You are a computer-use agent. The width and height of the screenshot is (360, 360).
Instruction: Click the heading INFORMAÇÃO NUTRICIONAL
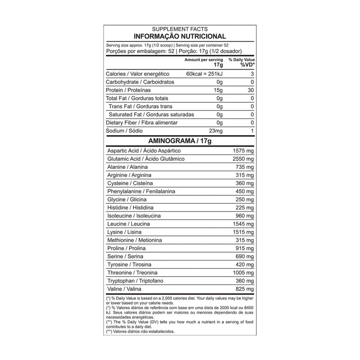point(180,36)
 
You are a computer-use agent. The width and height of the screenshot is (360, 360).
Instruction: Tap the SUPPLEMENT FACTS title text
point(180,29)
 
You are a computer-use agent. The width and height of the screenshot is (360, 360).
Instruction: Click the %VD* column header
point(247,65)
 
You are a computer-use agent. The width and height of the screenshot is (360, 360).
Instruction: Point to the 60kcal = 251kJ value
point(204,74)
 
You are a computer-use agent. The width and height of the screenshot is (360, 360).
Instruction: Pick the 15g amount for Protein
point(219,90)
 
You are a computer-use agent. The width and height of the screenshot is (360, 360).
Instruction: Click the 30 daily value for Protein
point(251,90)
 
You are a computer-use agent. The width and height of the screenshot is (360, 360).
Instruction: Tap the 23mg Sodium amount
point(216,131)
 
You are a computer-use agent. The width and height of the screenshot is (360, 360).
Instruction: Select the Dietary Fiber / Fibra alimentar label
point(141,123)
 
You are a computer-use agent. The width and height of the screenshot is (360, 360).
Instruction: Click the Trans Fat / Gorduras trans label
point(139,107)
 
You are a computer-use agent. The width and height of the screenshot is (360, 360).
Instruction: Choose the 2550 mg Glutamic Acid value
point(243,159)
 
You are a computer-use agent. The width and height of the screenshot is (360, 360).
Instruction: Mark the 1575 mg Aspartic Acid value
point(243,151)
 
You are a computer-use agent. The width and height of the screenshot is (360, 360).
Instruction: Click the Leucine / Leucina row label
point(129,224)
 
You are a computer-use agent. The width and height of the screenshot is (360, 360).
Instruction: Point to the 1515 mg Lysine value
point(243,232)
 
